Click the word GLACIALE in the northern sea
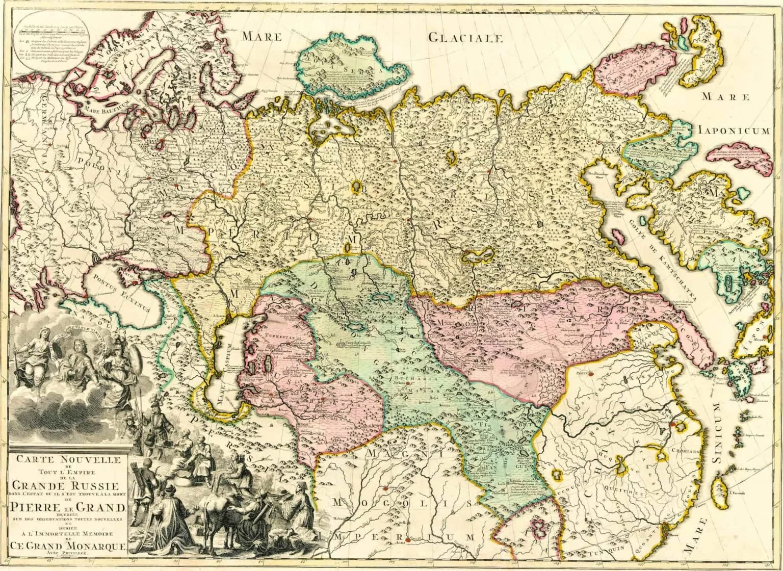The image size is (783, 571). (x=465, y=38)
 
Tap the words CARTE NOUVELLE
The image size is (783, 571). (x=68, y=460)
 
